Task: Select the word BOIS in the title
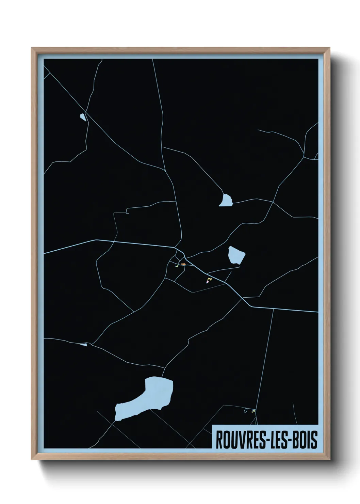click(x=304, y=440)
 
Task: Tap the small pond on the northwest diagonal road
click(x=83, y=117)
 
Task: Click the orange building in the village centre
click(x=183, y=264)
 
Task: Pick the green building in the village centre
click(x=178, y=265)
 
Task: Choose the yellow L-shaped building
click(x=209, y=279)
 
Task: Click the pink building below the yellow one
click(x=207, y=282)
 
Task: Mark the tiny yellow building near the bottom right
click(x=253, y=411)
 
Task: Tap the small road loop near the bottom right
click(x=245, y=410)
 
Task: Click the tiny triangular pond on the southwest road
click(x=84, y=345)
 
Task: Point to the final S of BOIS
click(x=314, y=440)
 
